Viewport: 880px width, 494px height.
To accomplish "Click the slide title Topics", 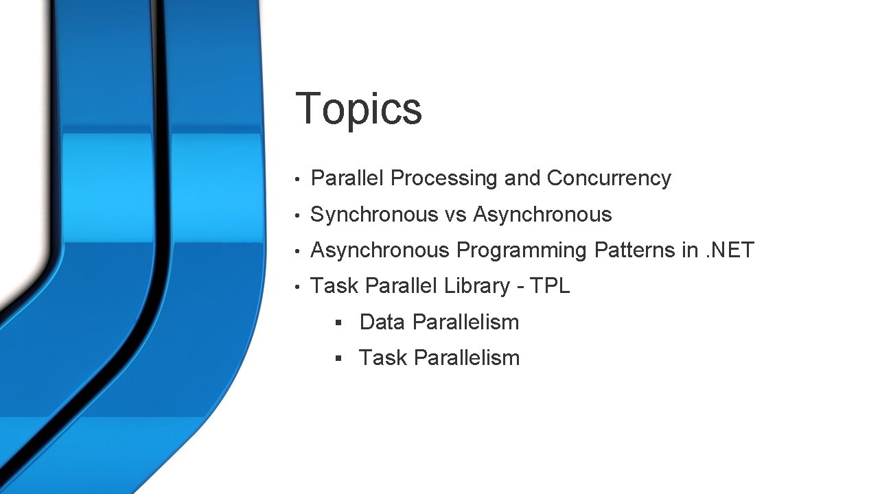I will click(358, 108).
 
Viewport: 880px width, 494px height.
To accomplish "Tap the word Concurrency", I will click(609, 178).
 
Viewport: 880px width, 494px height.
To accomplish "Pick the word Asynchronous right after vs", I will click(542, 215).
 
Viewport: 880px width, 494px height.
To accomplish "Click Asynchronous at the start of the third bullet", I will click(380, 250).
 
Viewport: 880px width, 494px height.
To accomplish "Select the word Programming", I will click(522, 251).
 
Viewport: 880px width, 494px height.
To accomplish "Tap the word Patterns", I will click(635, 250).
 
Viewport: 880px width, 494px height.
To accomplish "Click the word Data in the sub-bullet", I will click(383, 322).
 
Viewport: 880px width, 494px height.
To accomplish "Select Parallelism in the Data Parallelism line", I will click(466, 322).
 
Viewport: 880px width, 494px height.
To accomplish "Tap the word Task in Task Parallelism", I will click(383, 357).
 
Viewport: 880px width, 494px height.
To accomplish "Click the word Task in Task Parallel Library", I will click(334, 286).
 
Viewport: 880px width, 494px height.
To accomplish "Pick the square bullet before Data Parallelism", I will click(338, 322).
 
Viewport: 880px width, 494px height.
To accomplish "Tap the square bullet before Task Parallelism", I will click(338, 358).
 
